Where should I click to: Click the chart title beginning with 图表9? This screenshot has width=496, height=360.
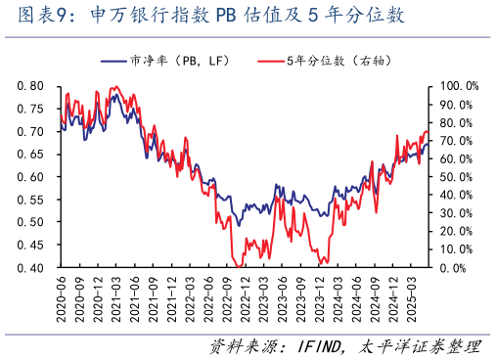tap(205, 17)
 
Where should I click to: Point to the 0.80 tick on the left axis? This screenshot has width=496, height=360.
tap(30, 86)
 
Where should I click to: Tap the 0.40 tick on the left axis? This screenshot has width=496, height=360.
tap(30, 268)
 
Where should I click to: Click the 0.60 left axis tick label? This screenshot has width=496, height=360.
tap(30, 177)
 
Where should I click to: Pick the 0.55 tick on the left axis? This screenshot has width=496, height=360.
tap(30, 200)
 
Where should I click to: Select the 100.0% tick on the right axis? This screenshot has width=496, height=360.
tap(457, 86)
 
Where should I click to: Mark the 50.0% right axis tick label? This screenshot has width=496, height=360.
tap(455, 177)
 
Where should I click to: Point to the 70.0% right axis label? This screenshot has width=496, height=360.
tap(455, 141)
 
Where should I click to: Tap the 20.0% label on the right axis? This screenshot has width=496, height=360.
tap(455, 232)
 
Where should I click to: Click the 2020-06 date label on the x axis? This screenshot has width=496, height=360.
tap(61, 301)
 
